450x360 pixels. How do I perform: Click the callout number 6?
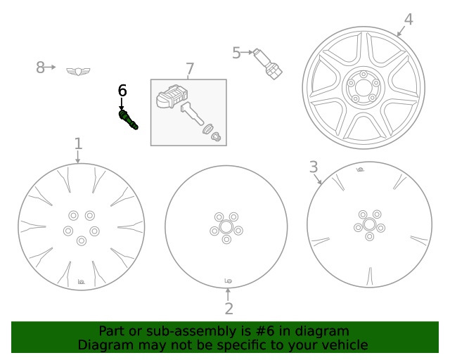point(122,90)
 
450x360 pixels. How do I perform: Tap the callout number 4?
point(408,20)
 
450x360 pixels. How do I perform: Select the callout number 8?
point(40,67)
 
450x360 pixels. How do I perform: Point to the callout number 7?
point(189,68)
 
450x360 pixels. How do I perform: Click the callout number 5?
point(236,52)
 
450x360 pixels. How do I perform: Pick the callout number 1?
point(78,143)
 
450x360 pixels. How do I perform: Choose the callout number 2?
point(229,309)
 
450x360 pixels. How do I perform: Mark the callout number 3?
point(314,167)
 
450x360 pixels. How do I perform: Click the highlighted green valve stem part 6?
point(129,119)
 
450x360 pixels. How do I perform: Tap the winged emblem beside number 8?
point(78,70)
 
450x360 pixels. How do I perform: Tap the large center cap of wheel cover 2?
point(226,228)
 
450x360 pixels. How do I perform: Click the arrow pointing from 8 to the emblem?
point(53,68)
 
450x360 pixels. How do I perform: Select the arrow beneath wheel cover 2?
point(227,293)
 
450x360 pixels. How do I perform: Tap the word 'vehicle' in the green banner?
point(342,345)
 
